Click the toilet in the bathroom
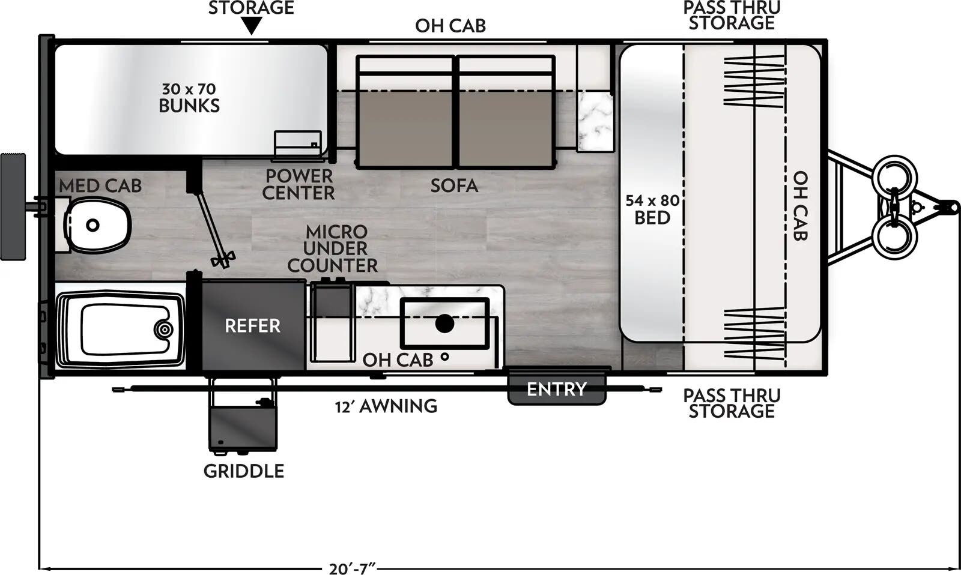point(98,225)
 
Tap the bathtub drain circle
point(163,329)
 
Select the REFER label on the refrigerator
point(252,326)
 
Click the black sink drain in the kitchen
point(444,324)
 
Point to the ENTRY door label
point(556,390)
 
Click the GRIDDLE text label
point(243,471)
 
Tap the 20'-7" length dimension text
point(352,568)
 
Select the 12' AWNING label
point(386,406)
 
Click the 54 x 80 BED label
point(652,209)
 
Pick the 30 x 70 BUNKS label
point(189,98)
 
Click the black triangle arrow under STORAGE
point(252,26)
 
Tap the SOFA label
point(454,186)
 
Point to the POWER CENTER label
point(299,184)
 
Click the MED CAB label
point(100,186)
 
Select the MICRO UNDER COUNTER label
point(333,248)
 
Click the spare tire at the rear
point(13,206)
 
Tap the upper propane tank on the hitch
point(895,174)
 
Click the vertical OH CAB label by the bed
point(799,206)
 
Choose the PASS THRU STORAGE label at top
point(731,16)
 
